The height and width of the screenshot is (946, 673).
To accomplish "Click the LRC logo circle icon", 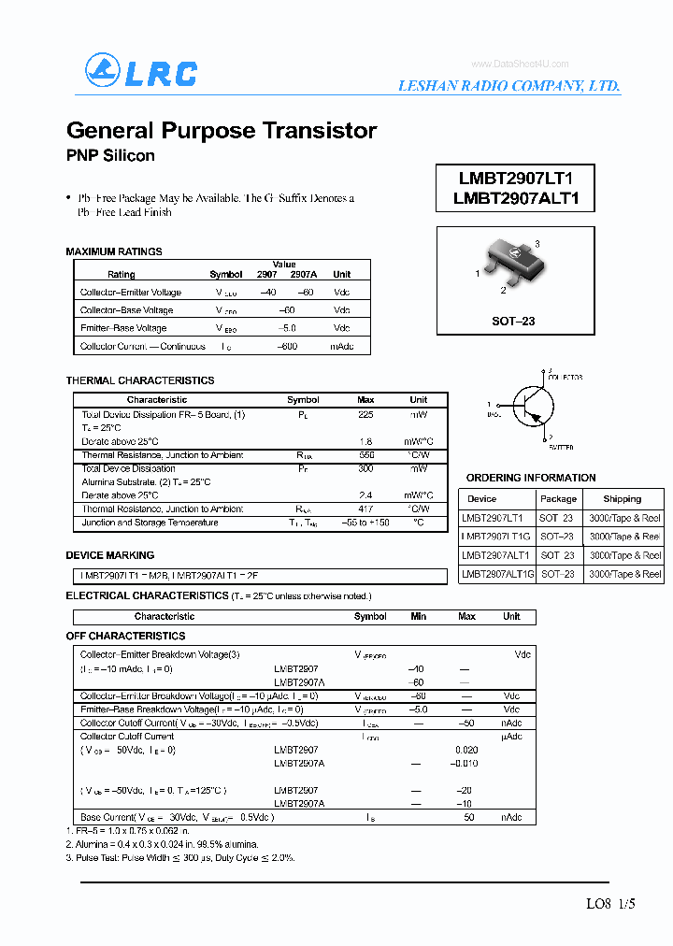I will [104, 71].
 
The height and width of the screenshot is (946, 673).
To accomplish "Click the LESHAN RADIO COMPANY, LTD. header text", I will [508, 85].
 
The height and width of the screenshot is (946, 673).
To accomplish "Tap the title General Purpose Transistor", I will [222, 130].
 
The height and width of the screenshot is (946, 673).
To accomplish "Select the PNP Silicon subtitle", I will [110, 155].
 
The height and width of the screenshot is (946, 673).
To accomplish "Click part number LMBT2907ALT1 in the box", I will [516, 198].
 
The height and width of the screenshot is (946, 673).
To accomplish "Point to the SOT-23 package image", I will [511, 261].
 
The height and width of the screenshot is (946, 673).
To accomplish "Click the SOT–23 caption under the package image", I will [513, 321].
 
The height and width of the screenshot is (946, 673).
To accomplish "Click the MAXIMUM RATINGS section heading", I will [114, 251].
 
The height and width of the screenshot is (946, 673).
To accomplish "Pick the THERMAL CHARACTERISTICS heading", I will [140, 380].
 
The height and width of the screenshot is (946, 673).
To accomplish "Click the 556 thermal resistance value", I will [365, 455].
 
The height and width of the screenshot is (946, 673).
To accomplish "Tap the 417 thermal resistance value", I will [365, 509].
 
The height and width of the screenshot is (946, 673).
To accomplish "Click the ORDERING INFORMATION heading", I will [531, 478].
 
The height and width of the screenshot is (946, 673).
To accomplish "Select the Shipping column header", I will [622, 499].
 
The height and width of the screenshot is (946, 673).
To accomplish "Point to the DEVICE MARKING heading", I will [110, 555].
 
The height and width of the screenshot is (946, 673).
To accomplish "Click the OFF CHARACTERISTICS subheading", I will [125, 636].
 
